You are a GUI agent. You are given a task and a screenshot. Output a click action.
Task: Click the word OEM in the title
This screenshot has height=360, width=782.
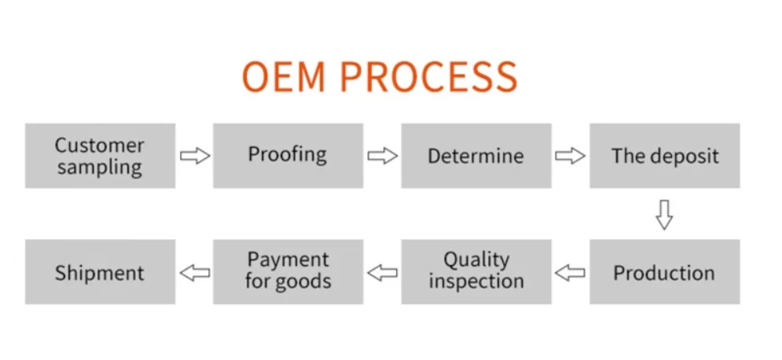(285, 77)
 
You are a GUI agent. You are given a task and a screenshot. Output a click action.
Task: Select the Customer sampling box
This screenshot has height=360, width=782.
(100, 156)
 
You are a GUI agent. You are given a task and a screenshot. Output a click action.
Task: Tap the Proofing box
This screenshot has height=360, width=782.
(288, 156)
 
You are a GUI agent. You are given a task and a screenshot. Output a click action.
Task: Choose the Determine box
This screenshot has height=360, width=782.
(475, 156)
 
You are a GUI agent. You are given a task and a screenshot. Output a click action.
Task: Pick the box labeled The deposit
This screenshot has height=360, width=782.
(664, 156)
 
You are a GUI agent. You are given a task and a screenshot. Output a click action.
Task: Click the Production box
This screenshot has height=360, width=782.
(664, 272)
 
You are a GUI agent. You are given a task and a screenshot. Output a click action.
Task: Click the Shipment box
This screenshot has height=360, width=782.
(100, 272)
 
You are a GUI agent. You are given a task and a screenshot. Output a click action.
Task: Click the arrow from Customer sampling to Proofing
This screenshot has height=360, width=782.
(194, 156)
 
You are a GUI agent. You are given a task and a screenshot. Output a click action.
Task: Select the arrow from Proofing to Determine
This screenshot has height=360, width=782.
(382, 156)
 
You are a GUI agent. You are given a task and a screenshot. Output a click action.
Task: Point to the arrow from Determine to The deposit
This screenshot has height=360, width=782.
(570, 156)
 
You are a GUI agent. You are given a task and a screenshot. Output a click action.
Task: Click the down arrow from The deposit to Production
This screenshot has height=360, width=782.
(664, 214)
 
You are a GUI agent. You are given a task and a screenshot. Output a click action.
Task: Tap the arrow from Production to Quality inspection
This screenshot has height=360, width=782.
(570, 273)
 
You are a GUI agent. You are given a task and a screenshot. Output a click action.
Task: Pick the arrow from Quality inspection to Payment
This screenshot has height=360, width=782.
(382, 273)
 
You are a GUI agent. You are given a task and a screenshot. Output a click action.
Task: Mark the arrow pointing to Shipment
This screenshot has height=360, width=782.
(194, 273)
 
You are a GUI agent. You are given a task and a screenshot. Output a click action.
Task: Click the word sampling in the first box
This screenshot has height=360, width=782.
(100, 167)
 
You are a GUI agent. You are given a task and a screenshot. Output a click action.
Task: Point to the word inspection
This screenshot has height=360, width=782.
(475, 281)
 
